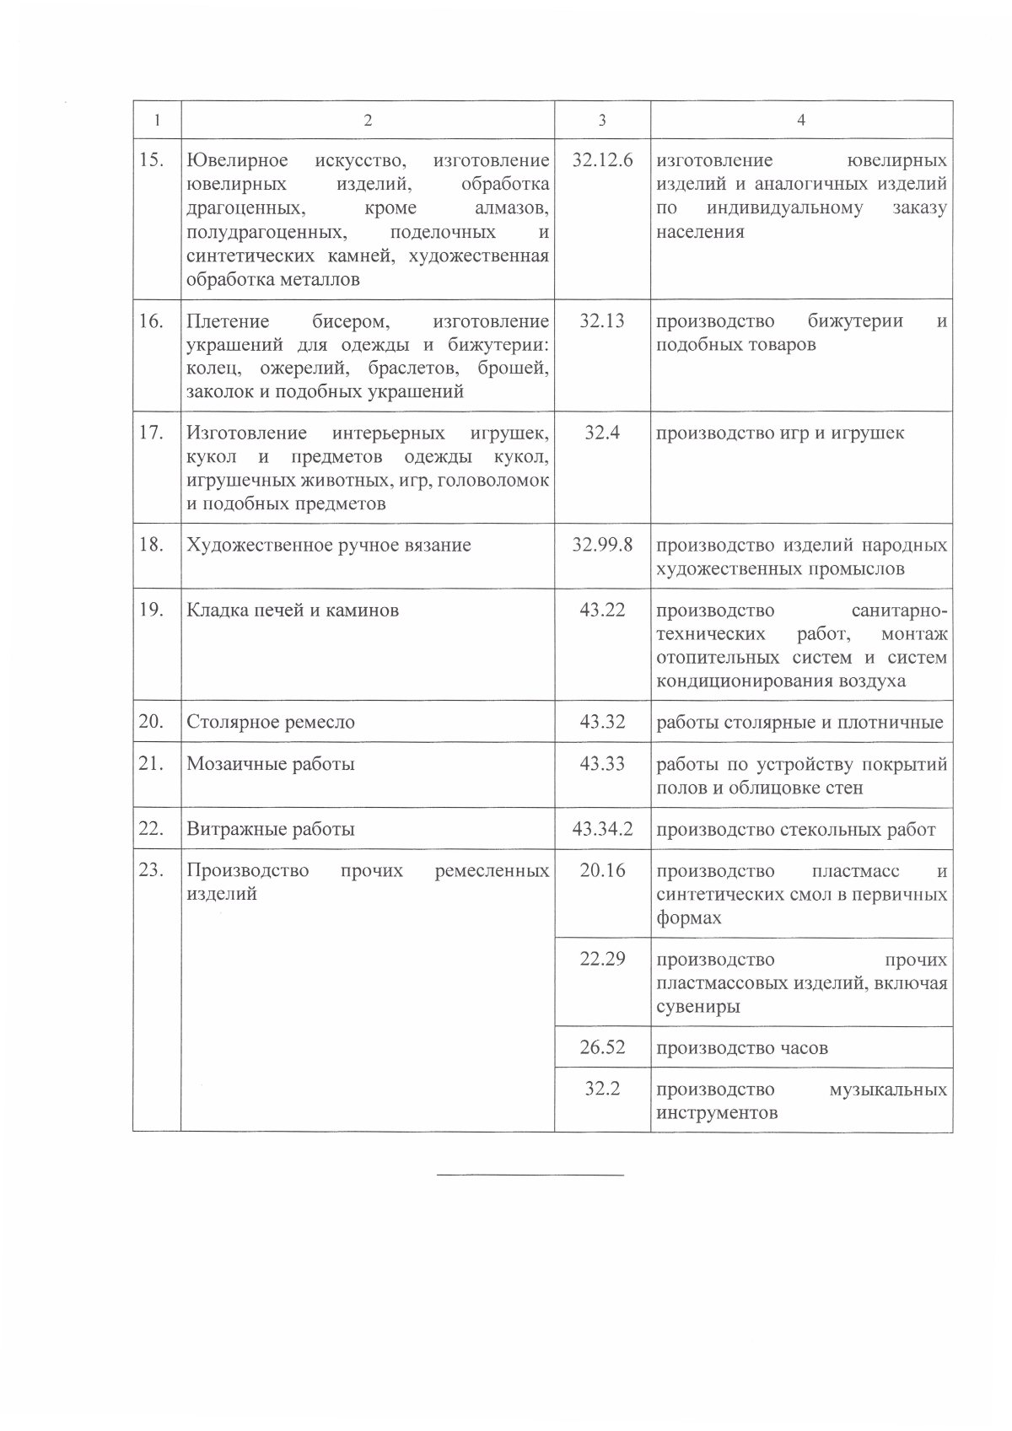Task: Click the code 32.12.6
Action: coord(602,160)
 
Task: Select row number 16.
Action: coord(151,321)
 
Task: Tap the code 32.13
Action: coord(602,321)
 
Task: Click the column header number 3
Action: coord(601,121)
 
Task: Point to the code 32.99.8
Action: coord(602,545)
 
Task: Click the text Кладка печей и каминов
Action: coord(293,610)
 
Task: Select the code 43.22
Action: coord(602,610)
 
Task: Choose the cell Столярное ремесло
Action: coord(271,722)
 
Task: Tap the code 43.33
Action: coord(602,764)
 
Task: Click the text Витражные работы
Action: coord(270,829)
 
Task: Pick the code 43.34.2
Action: coord(602,829)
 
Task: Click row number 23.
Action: coord(151,870)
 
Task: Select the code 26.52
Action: coord(602,1047)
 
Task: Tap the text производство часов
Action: coord(742,1048)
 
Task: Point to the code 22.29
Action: coord(602,960)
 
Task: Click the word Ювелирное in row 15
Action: coord(237,160)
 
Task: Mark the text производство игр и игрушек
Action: coord(780,433)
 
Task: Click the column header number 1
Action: coord(157,121)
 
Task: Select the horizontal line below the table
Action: coord(530,1175)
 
